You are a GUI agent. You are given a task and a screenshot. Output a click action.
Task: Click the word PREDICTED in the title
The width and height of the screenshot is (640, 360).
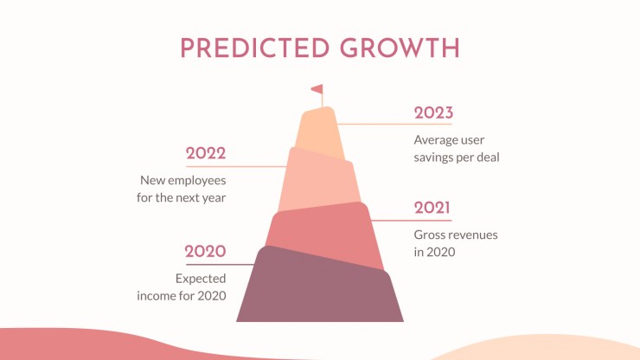pyautogui.click(x=254, y=48)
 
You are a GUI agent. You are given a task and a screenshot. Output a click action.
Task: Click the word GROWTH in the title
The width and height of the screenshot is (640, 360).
pyautogui.click(x=400, y=48)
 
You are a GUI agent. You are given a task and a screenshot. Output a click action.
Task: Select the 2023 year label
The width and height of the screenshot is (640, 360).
pyautogui.click(x=433, y=112)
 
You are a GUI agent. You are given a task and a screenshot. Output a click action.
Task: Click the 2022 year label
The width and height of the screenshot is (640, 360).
pyautogui.click(x=206, y=153)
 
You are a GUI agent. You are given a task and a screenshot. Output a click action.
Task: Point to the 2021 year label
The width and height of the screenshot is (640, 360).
pyautogui.click(x=432, y=208)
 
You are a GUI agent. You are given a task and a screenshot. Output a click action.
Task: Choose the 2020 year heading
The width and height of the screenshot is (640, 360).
pyautogui.click(x=205, y=251)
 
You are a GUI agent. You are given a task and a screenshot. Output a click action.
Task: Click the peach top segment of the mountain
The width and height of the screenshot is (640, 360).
pyautogui.click(x=319, y=132)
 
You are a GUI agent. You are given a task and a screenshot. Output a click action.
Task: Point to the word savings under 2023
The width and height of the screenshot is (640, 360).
pyautogui.click(x=432, y=157)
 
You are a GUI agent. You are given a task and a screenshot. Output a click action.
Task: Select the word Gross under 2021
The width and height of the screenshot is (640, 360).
pyautogui.click(x=426, y=235)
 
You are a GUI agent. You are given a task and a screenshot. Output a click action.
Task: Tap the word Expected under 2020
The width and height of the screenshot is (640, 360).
pyautogui.click(x=201, y=279)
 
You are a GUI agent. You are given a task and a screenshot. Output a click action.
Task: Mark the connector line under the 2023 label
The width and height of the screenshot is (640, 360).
pyautogui.click(x=394, y=124)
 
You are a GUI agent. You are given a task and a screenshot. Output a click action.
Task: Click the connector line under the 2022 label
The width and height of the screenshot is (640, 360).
pyautogui.click(x=236, y=166)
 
